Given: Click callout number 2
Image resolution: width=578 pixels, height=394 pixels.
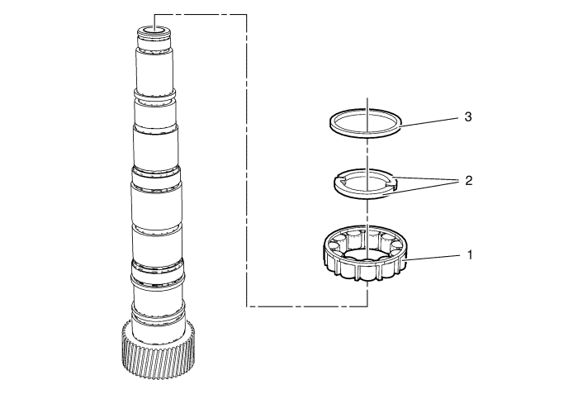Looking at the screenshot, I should pyautogui.click(x=469, y=180).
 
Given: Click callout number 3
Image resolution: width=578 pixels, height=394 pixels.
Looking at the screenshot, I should pyautogui.click(x=468, y=118).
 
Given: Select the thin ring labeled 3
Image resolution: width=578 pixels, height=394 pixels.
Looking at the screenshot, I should pyautogui.click(x=333, y=125).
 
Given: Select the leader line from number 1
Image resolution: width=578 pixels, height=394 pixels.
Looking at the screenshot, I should pyautogui.click(x=433, y=258).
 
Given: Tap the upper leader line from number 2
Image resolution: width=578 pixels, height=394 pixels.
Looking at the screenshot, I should pyautogui.click(x=425, y=178).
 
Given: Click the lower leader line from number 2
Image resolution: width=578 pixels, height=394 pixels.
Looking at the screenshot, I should pyautogui.click(x=425, y=186).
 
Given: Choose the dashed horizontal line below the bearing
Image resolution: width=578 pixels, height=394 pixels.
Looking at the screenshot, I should pyautogui.click(x=306, y=306).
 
